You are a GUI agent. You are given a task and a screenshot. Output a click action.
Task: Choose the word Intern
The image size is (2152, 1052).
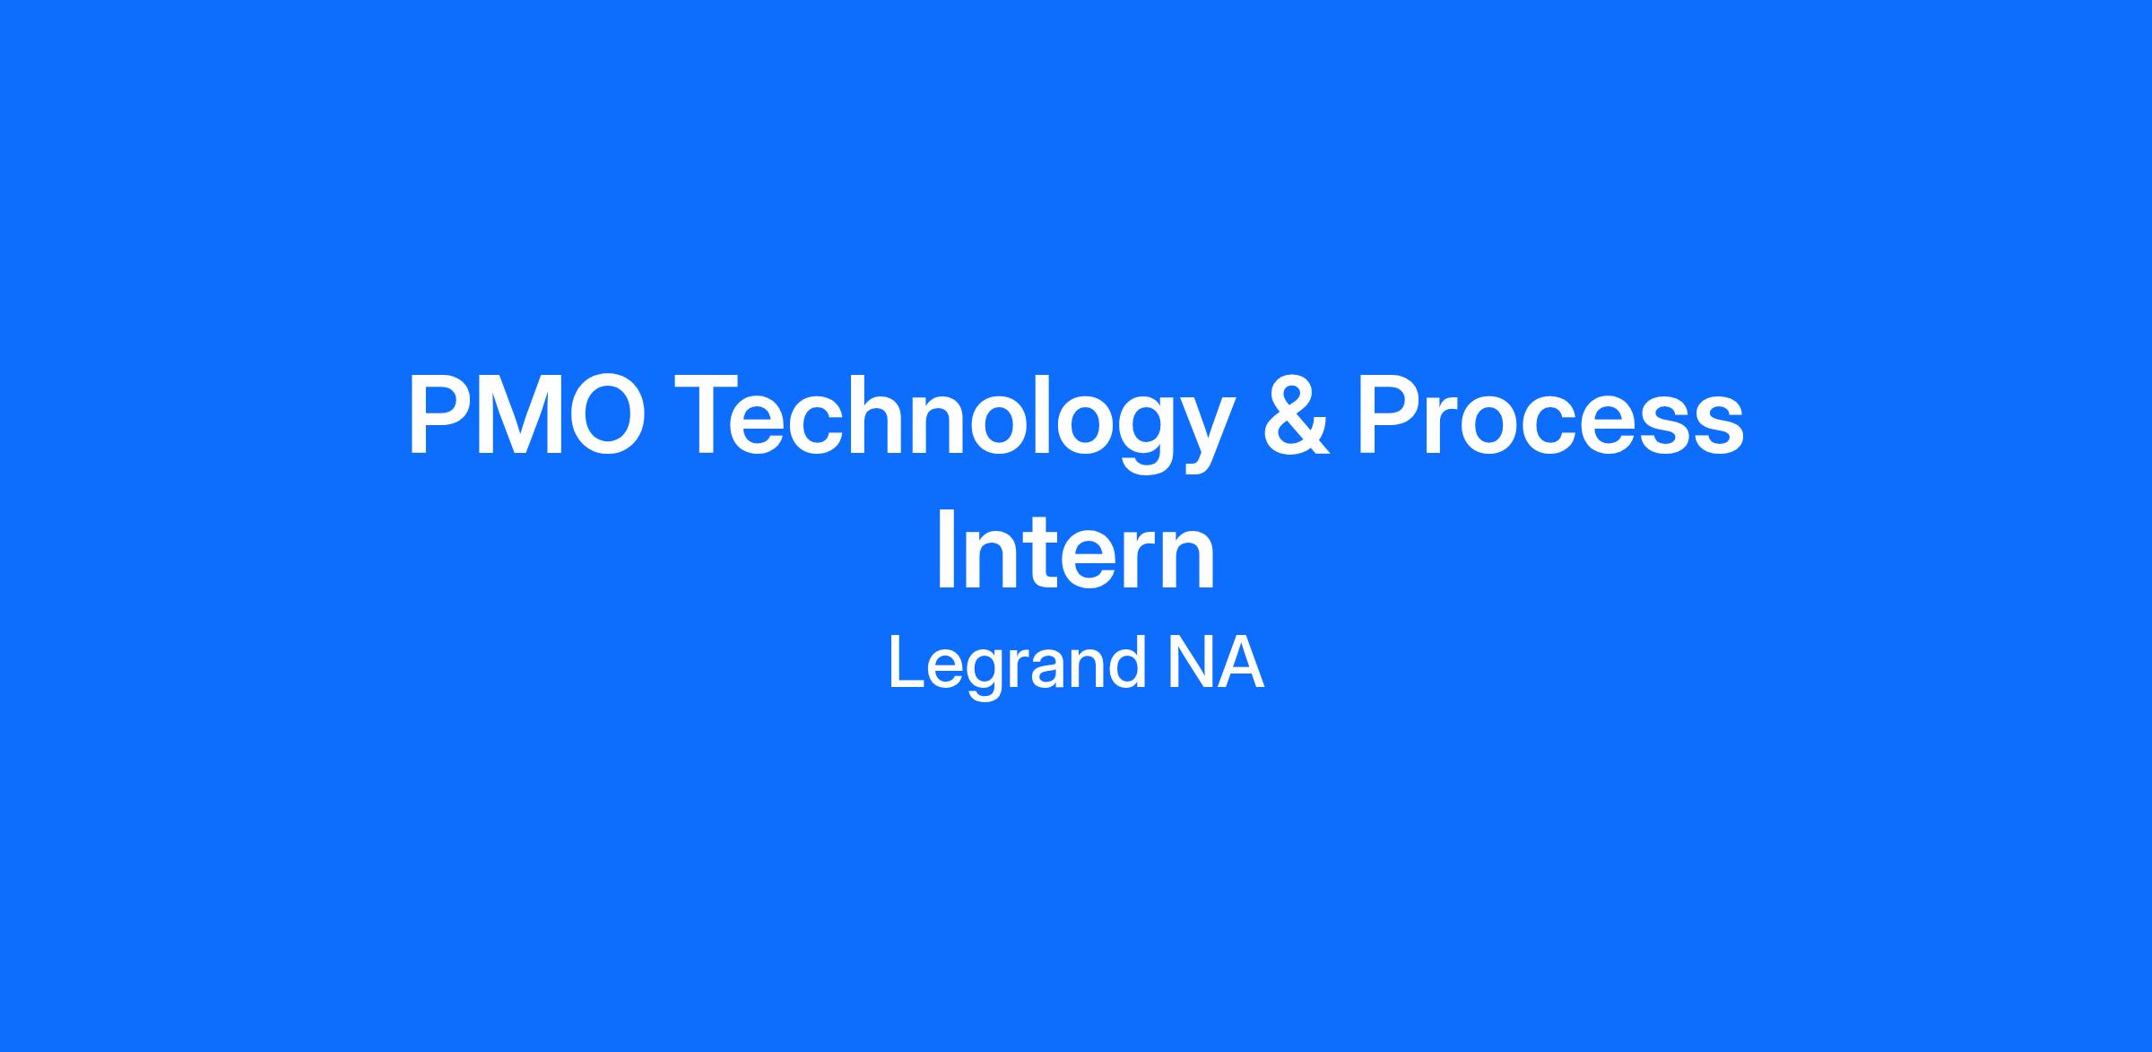1075,552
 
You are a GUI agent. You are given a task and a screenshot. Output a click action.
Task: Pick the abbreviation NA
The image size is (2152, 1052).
1215,661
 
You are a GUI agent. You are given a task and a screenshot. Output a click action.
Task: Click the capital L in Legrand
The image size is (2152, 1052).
907,661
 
